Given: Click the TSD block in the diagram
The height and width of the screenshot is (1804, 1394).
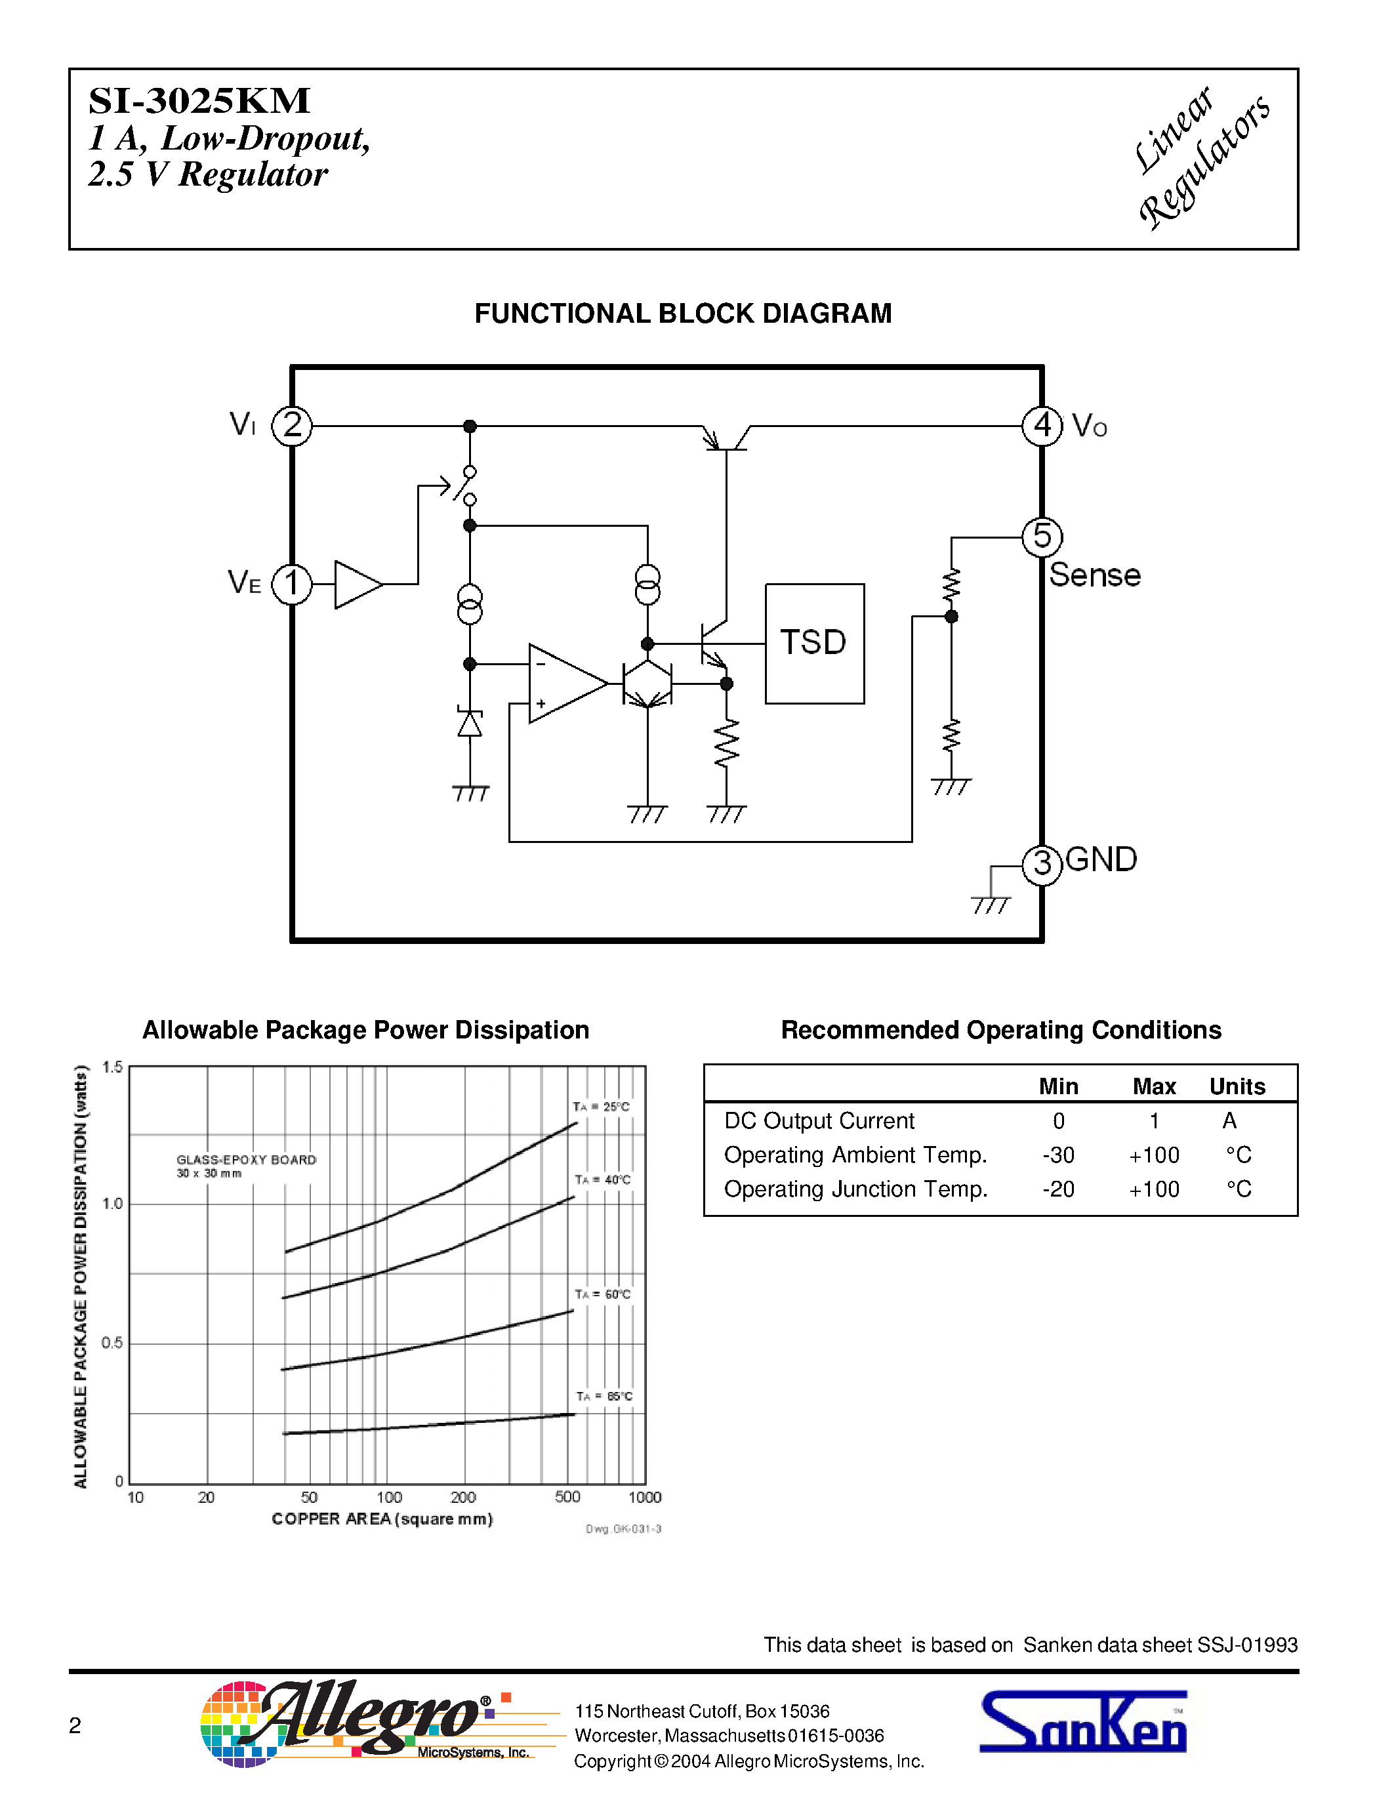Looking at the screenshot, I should point(814,644).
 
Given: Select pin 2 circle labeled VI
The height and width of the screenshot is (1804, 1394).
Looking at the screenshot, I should point(293,426).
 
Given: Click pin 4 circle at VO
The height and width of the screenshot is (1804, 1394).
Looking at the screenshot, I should point(1042,426).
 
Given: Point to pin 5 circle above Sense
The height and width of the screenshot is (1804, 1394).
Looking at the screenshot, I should point(1042,537).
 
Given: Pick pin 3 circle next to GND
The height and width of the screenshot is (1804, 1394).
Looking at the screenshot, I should point(1042,865).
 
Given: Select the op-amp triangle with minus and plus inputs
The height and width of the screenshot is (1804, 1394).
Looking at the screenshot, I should point(564,683).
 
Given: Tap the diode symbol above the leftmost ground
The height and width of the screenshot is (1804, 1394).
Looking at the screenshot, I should point(470,724).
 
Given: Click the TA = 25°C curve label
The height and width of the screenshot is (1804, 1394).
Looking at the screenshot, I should point(601,1107).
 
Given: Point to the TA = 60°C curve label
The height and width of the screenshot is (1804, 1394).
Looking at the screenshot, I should point(603,1294).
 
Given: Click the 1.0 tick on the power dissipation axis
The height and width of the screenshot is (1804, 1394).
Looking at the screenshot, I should point(112,1204).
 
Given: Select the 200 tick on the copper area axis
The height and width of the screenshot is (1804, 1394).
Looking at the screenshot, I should point(463,1498).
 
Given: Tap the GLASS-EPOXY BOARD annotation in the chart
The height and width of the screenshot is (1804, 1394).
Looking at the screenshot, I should point(246,1160).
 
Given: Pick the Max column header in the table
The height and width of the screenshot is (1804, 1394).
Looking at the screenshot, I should point(1154,1086).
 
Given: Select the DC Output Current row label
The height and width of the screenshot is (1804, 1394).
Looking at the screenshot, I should point(819,1121).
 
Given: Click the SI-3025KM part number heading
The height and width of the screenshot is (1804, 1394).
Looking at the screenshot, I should point(199,101).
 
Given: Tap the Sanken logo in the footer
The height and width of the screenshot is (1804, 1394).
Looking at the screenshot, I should point(1082,1721).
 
